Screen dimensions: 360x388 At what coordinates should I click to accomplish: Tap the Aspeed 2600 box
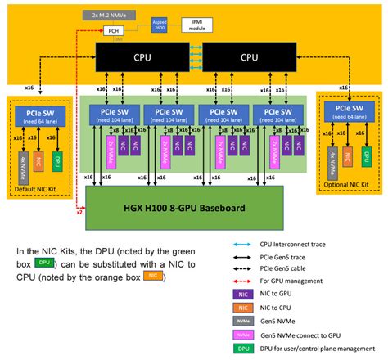pos(160,25)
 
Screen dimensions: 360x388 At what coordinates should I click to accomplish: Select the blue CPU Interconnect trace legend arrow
pos(242,245)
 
